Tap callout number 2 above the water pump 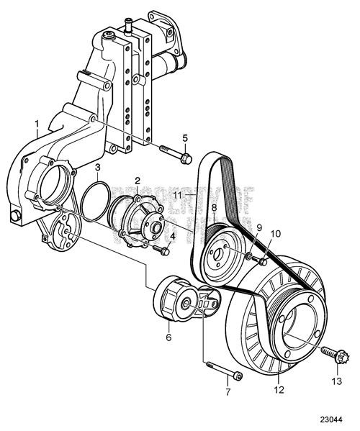coord(137,179)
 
